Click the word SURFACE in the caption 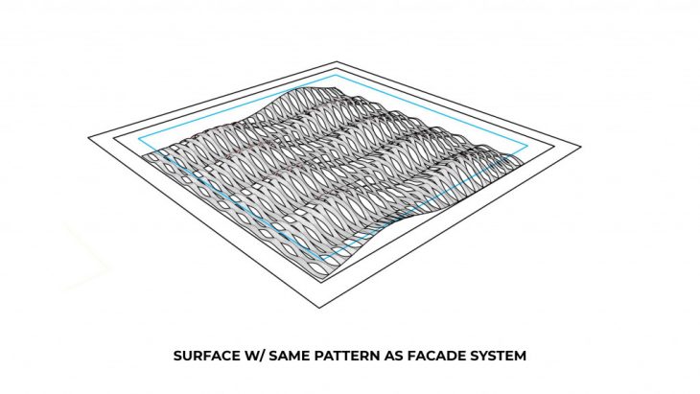(207, 356)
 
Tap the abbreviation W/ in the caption (257, 356)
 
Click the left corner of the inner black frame (117, 135)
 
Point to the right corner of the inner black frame (553, 145)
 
